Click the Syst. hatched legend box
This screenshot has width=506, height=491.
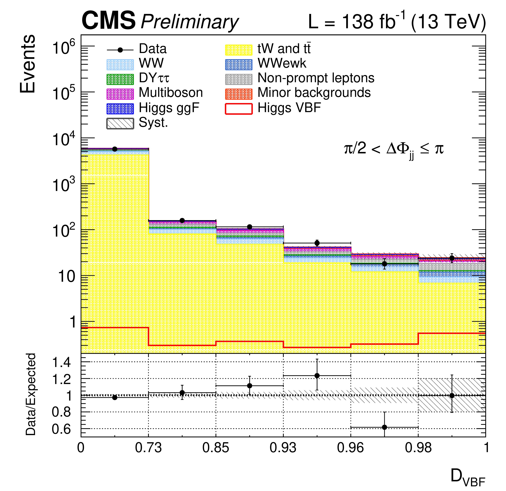tap(120, 123)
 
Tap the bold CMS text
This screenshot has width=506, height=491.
tap(108, 21)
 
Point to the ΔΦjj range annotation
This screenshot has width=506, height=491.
tap(394, 150)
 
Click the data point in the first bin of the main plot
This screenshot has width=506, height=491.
tap(115, 149)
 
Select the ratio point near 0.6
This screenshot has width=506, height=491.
tap(384, 427)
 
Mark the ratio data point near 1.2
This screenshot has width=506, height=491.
tap(317, 376)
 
